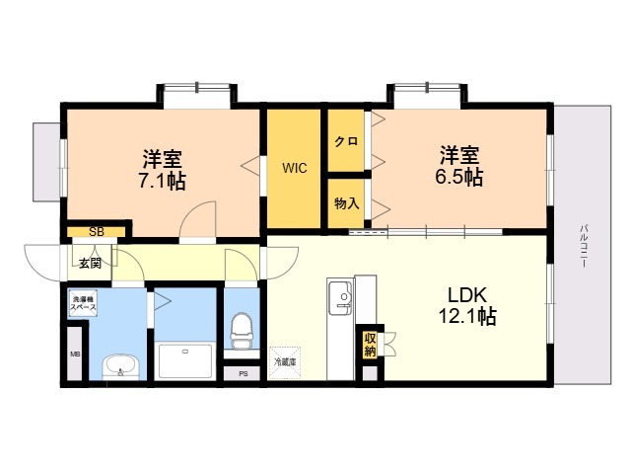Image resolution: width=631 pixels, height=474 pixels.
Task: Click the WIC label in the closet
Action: [x=295, y=168]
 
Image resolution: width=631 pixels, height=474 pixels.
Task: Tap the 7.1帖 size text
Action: [x=162, y=181]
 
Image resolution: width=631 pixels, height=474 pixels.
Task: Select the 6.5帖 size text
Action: [x=459, y=177]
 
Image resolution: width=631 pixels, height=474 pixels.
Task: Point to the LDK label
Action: [x=467, y=295]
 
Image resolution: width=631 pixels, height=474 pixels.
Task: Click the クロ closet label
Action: [x=346, y=141]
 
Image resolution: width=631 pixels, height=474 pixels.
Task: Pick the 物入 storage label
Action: [x=346, y=203]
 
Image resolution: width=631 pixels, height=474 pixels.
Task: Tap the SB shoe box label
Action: [x=97, y=232]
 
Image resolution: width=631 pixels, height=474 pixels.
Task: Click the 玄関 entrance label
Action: [x=90, y=264]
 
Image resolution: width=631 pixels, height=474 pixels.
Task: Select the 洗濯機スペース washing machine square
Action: [x=83, y=303]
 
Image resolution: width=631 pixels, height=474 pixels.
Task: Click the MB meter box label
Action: [x=75, y=355]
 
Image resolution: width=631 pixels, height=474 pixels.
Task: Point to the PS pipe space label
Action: [x=244, y=374]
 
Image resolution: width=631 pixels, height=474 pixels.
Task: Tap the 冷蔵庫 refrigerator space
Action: [x=285, y=362]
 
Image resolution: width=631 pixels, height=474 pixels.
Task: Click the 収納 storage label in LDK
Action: [x=370, y=345]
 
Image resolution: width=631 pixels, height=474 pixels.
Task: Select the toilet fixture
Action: [x=241, y=331]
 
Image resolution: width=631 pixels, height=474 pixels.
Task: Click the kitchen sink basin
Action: [x=340, y=298]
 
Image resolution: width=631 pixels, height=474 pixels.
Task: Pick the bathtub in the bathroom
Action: [x=185, y=360]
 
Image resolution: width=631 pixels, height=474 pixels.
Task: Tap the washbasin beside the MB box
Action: [x=120, y=367]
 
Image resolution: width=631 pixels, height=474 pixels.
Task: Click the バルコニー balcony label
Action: [x=584, y=246]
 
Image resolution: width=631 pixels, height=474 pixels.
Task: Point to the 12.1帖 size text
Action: [x=467, y=316]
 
